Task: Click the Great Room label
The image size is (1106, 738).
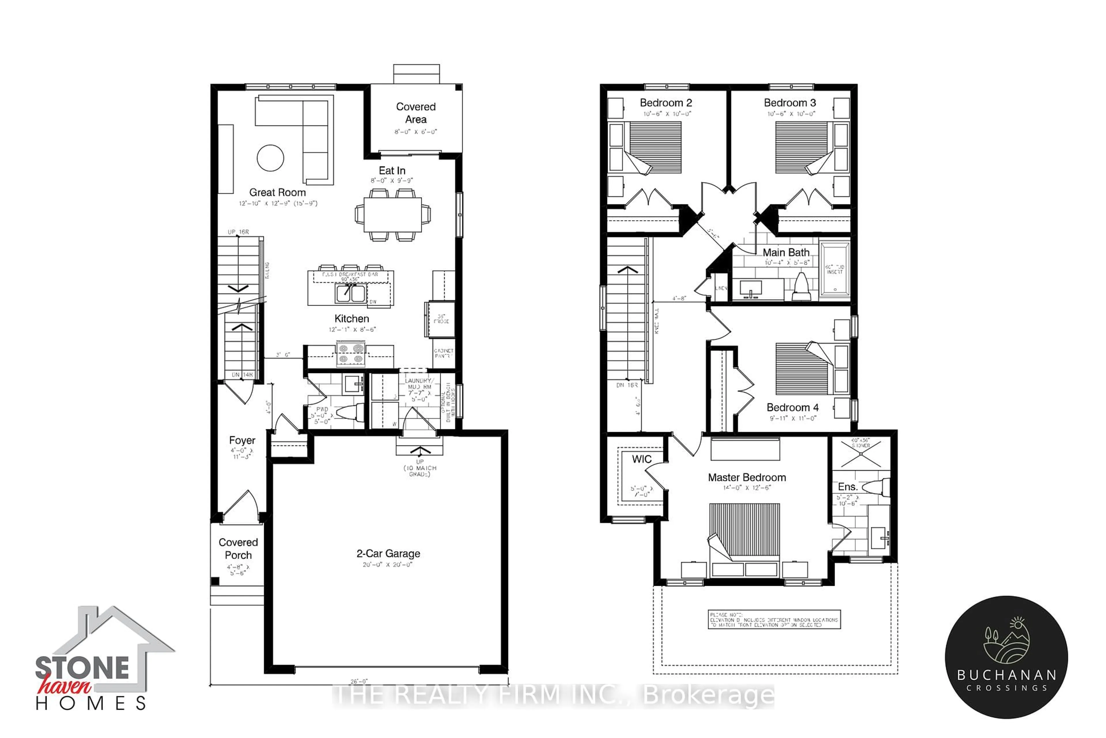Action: (x=277, y=193)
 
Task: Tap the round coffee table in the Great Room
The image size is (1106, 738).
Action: (x=270, y=158)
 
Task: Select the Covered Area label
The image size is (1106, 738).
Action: (x=416, y=113)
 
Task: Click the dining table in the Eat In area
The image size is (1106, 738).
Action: (x=392, y=214)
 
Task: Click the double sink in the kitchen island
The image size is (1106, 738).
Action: (x=350, y=293)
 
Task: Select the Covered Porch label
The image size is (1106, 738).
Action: (x=238, y=549)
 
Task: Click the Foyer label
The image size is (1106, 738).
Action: (x=242, y=440)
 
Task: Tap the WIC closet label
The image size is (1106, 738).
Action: (x=641, y=459)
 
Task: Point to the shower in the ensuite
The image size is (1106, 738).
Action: (x=861, y=453)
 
